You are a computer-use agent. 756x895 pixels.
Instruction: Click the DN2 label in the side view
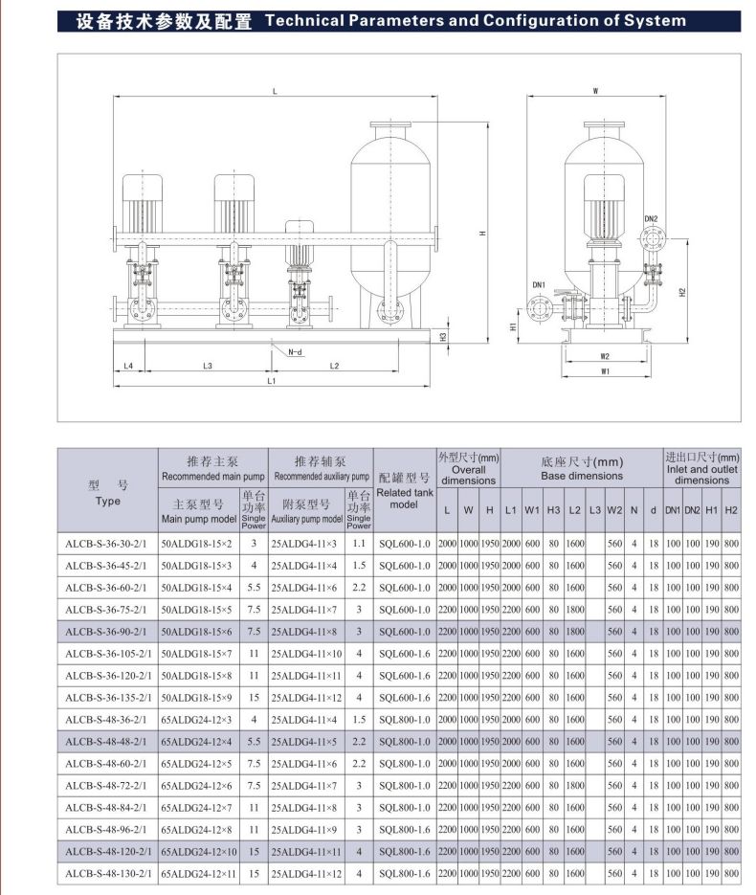tap(651, 219)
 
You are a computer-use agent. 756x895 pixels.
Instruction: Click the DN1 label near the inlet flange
tap(538, 284)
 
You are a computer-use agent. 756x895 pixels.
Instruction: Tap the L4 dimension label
tap(128, 366)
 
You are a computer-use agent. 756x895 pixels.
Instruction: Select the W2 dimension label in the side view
tap(605, 356)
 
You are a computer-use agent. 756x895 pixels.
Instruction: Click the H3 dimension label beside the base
tap(443, 337)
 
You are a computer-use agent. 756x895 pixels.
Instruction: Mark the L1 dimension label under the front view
tap(271, 382)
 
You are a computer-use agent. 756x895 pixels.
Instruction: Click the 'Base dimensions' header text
tap(581, 475)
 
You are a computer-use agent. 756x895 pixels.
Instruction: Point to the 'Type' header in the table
tap(108, 500)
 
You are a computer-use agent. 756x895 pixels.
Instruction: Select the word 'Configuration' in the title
tap(539, 20)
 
